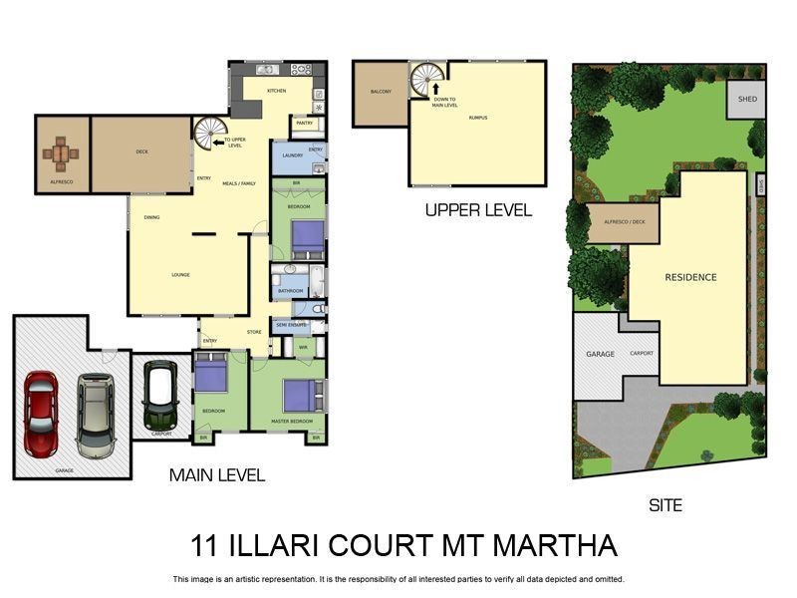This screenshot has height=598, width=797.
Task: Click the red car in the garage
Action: pos(41,415)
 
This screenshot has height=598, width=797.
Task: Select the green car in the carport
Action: pos(159,395)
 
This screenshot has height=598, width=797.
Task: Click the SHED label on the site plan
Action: pos(746,100)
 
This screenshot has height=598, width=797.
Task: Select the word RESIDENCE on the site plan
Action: pos(690,277)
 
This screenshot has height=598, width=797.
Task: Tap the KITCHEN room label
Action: pos(277,91)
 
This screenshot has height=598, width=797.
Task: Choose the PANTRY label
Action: pos(303,125)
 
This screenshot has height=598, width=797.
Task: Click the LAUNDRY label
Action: pos(293,155)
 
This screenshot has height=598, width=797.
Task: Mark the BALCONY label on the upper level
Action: pos(381,92)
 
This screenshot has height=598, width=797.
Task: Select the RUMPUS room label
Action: pos(479,118)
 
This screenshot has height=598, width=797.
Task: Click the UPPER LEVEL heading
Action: pos(478,210)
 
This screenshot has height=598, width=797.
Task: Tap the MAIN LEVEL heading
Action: pos(216,475)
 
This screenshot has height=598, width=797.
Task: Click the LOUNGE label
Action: pos(180,275)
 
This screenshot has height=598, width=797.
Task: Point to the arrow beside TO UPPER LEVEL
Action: pos(218,143)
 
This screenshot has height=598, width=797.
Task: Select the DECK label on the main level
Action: pos(141,152)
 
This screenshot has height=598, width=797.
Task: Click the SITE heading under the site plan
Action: pos(665,505)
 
